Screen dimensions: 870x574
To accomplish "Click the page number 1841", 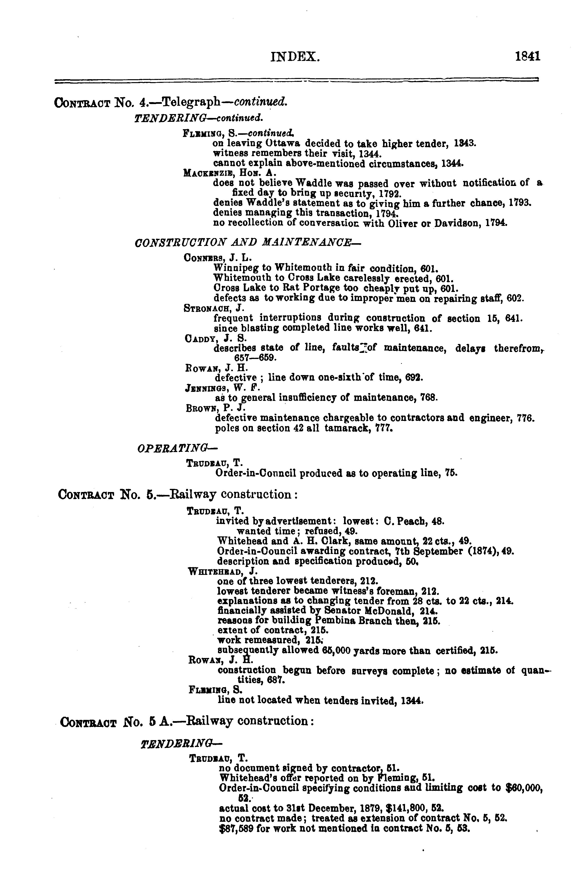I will pyautogui.click(x=527, y=57).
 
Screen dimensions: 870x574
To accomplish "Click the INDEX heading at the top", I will pyautogui.click(x=295, y=57).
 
